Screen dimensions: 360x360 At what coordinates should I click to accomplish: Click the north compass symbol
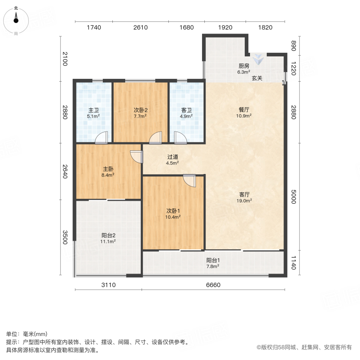click(x=16, y=19)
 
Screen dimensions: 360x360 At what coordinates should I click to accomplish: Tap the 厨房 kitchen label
click(x=244, y=66)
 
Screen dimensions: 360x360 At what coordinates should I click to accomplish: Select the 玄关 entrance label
click(x=257, y=78)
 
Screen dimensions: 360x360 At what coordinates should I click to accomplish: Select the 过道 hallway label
click(x=172, y=157)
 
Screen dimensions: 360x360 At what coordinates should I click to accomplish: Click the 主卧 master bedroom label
click(x=108, y=169)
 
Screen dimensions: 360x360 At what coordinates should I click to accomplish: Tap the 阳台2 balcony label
click(x=108, y=236)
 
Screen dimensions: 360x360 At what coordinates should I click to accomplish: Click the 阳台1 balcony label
click(x=212, y=260)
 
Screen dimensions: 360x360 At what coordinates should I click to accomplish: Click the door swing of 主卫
click(x=102, y=138)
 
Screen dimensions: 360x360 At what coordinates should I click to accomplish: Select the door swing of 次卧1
click(x=190, y=181)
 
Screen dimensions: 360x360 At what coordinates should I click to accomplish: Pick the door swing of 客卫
click(x=180, y=138)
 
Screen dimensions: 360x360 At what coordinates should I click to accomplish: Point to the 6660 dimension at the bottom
click(x=213, y=285)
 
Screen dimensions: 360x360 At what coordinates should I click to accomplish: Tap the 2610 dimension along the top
click(x=140, y=28)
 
